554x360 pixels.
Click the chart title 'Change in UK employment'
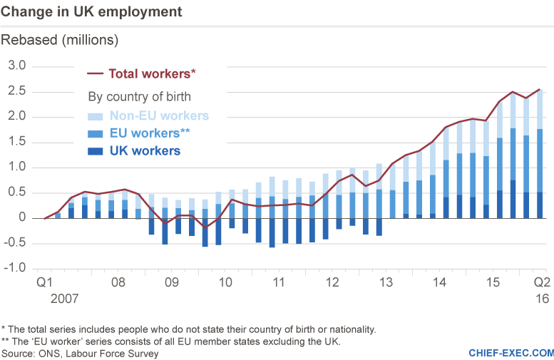[91, 12]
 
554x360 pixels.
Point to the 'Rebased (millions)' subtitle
[60, 39]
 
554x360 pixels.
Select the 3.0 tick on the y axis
[16, 66]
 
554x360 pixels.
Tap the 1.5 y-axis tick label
[16, 143]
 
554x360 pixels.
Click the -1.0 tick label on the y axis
[14, 269]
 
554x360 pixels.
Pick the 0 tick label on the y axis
[21, 219]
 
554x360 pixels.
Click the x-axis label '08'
[118, 282]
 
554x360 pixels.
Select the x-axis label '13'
[385, 282]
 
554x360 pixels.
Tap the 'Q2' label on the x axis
[541, 282]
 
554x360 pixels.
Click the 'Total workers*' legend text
[152, 73]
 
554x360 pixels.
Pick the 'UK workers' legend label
[145, 150]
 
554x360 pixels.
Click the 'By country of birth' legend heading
[139, 96]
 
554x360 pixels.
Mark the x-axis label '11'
[278, 282]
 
